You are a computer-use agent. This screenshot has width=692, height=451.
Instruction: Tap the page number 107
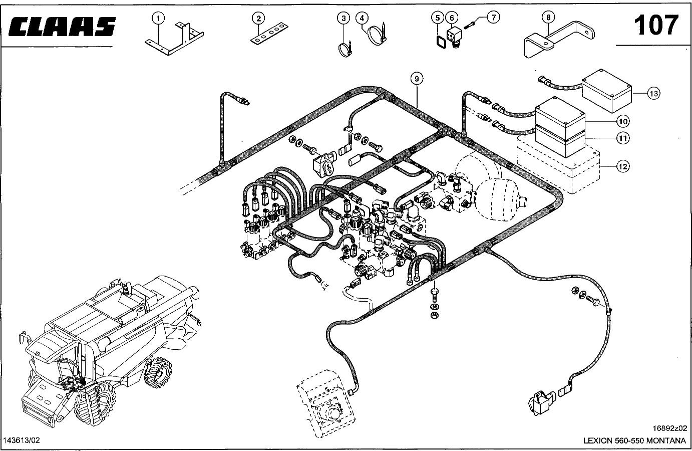(655, 25)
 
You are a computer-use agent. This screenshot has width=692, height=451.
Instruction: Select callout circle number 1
(158, 19)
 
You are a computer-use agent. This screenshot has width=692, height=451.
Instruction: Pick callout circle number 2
(258, 19)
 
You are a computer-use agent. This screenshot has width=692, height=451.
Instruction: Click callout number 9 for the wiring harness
(416, 78)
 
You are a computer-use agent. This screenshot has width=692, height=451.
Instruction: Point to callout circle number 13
(653, 93)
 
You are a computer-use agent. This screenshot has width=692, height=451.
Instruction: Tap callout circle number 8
(548, 17)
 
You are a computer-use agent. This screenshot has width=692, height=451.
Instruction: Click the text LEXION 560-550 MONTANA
(634, 441)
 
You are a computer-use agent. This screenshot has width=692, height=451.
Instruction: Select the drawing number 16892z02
(669, 428)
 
